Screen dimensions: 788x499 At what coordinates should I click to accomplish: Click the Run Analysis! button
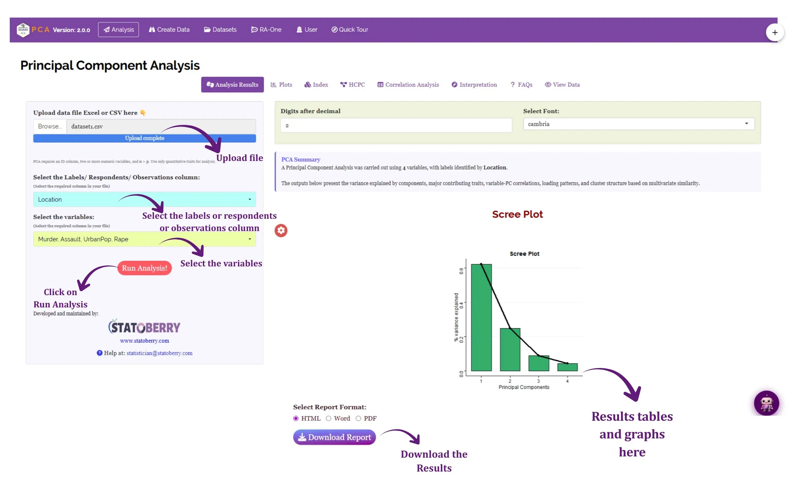(144, 268)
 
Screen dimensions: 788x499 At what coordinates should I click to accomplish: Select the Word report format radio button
(328, 419)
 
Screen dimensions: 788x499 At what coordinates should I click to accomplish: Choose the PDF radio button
(358, 419)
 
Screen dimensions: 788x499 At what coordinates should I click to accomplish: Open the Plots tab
(281, 85)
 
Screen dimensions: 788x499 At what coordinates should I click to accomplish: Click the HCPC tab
(352, 85)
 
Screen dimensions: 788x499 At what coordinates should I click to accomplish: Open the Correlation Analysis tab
(408, 85)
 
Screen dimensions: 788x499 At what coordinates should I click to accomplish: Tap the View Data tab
(562, 85)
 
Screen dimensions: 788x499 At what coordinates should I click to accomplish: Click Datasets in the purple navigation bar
(220, 29)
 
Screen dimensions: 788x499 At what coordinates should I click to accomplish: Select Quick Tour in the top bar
(350, 29)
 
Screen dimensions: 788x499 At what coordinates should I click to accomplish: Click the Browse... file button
(50, 127)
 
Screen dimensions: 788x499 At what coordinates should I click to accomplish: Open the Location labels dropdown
(144, 199)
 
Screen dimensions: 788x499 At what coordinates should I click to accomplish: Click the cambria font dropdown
(639, 124)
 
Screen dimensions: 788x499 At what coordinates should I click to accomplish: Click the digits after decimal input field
(396, 125)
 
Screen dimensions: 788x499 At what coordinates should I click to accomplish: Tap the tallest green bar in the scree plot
(481, 317)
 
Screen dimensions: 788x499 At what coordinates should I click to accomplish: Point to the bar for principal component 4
(567, 367)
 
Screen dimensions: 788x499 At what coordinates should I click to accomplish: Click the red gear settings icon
(281, 230)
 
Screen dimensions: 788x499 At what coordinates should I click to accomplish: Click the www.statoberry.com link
(144, 341)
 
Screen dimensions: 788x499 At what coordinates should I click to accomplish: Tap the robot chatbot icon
(766, 403)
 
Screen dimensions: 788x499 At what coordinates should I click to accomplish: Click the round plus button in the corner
(774, 33)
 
